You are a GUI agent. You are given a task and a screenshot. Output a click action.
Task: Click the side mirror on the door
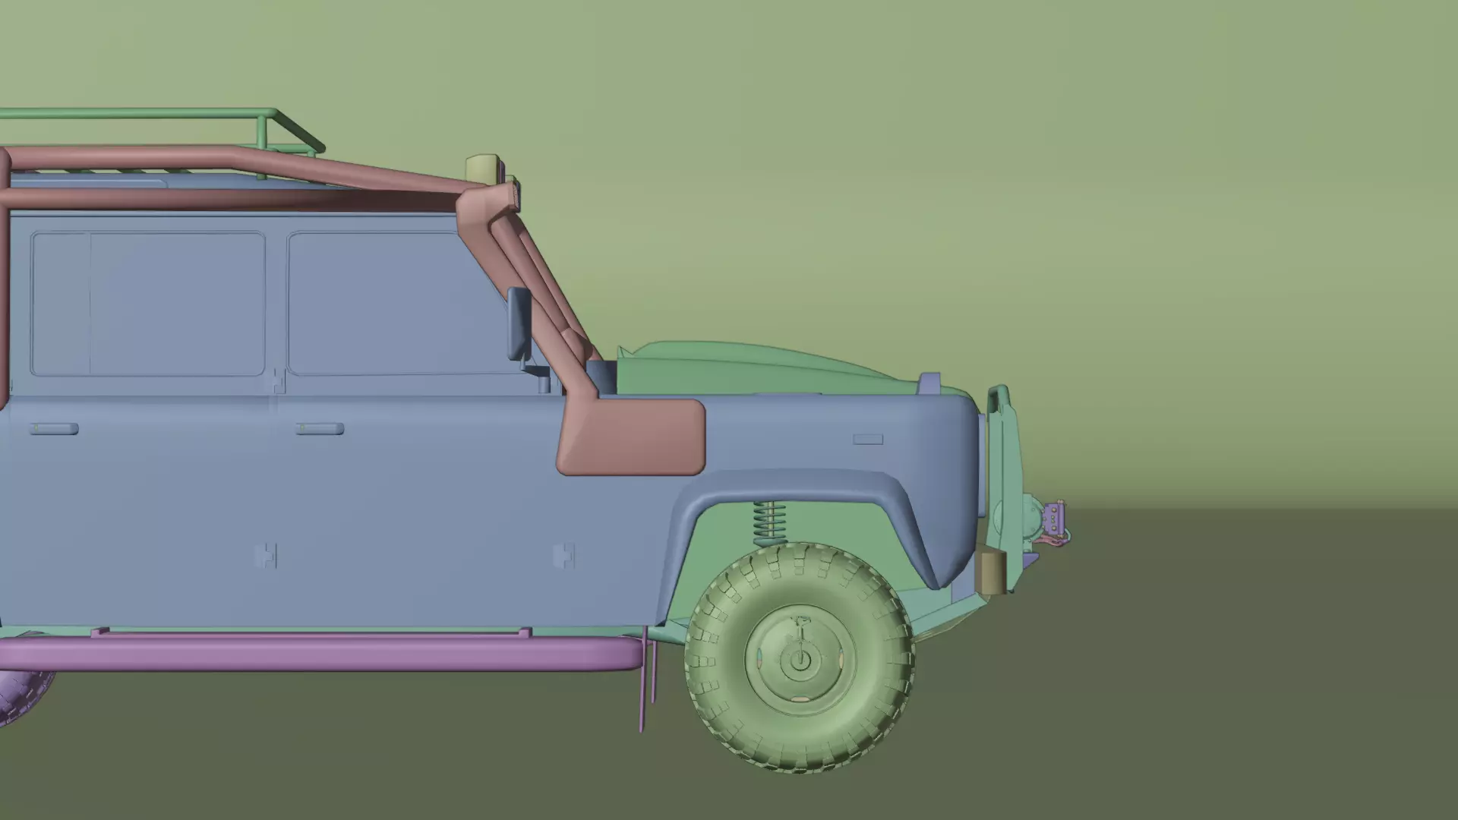click(519, 324)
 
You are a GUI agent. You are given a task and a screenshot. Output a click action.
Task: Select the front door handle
click(320, 429)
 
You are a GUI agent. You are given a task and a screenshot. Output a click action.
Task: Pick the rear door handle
click(54, 429)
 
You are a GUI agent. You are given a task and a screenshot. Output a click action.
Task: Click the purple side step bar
click(319, 653)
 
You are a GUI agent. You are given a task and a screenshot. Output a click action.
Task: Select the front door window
click(395, 304)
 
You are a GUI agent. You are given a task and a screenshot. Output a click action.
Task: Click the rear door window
click(148, 304)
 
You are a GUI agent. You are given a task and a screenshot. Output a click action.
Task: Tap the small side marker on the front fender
click(868, 439)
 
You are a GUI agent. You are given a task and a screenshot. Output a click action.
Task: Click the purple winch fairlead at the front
click(1055, 519)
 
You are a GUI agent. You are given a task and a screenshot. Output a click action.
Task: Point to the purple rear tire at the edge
click(23, 695)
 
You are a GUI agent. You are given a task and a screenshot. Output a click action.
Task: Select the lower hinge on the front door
click(563, 556)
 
